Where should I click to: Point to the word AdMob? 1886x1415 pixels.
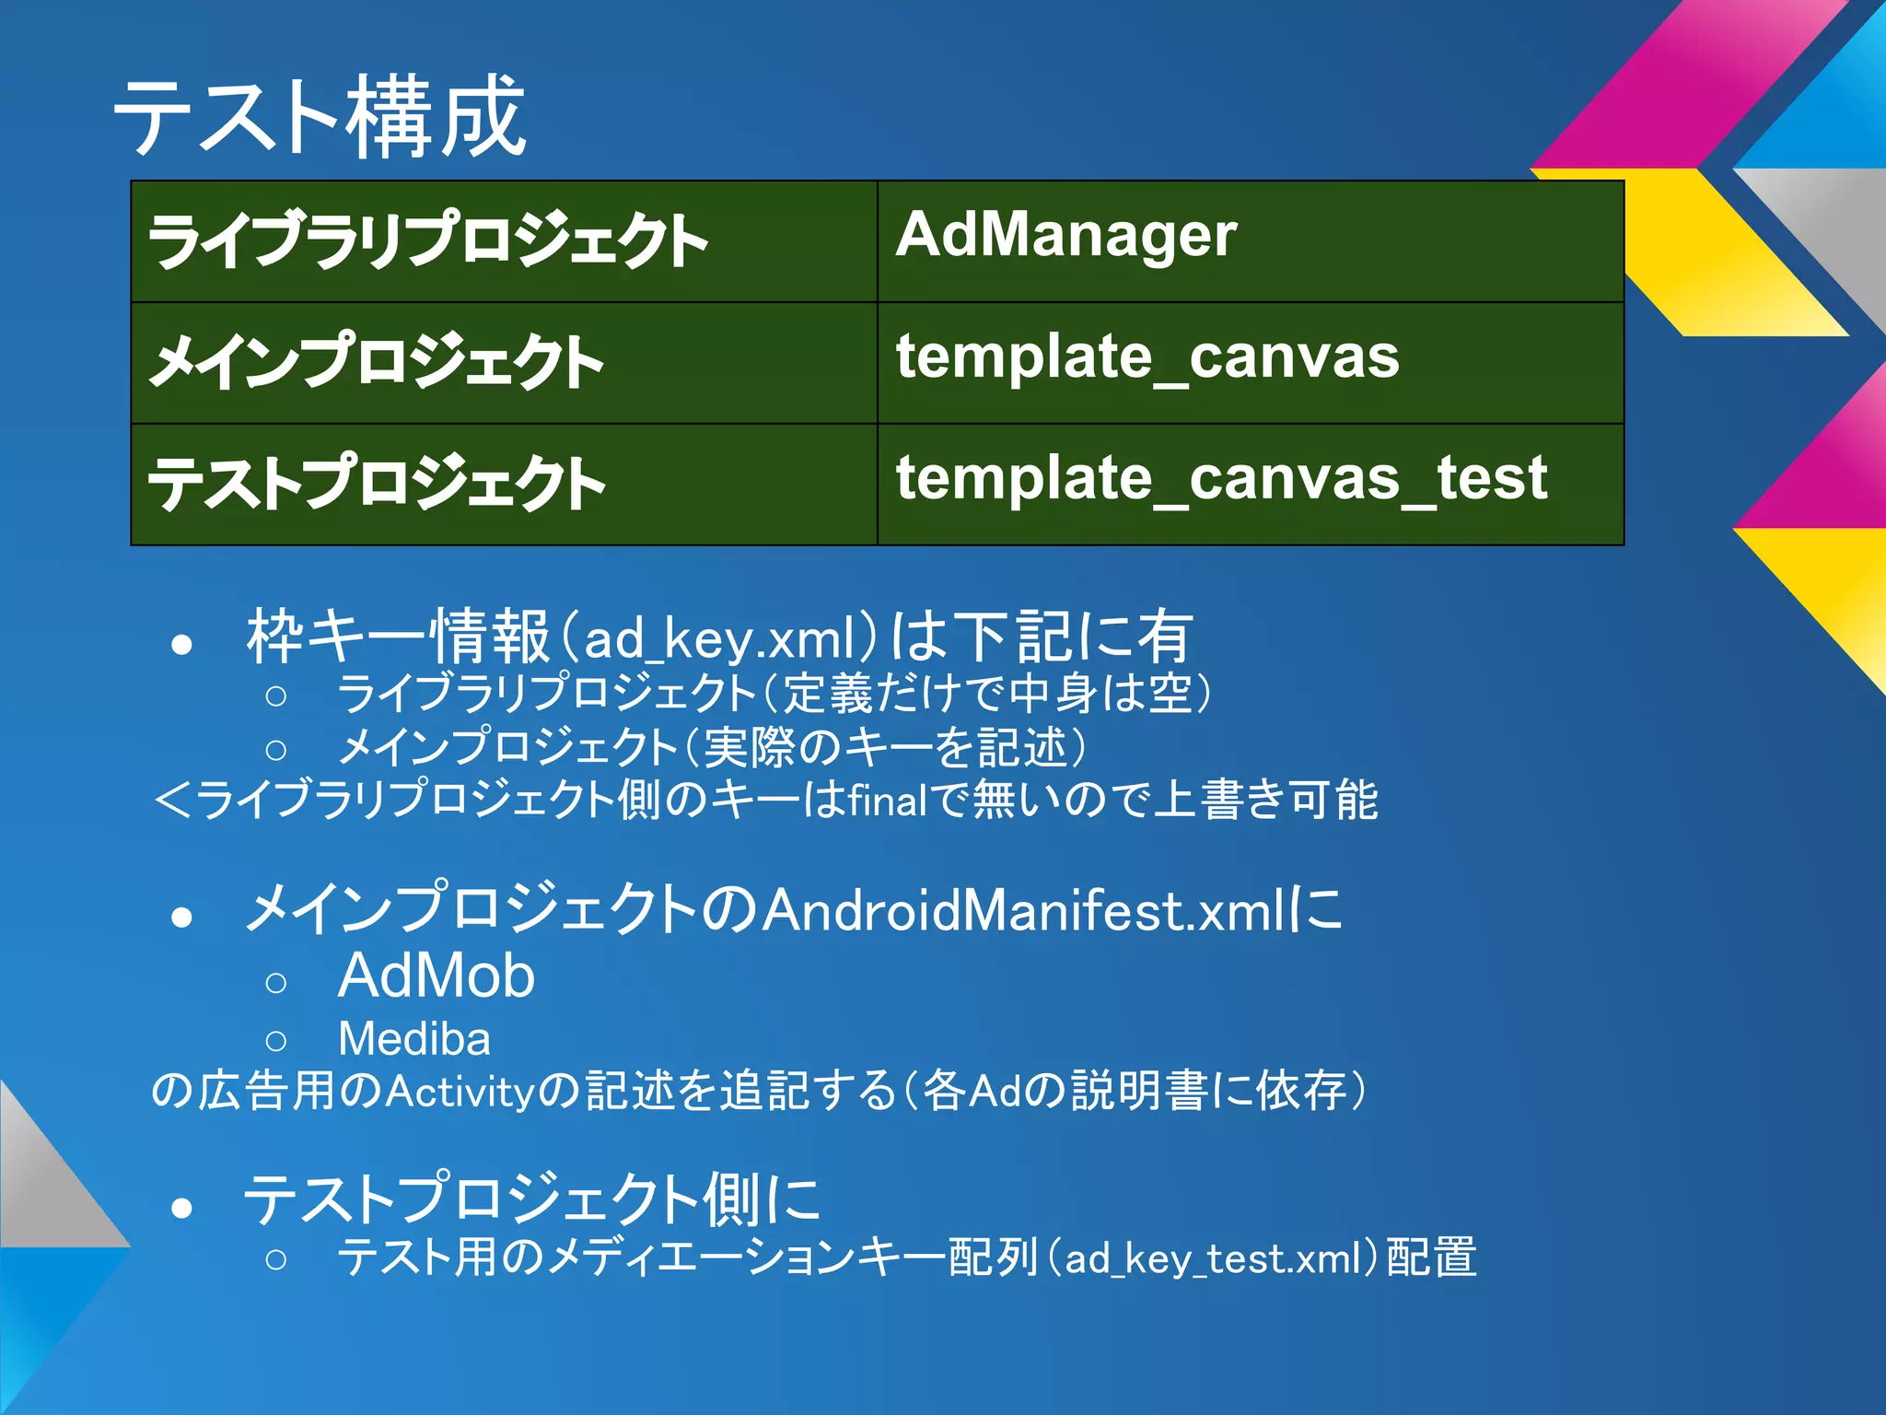436,976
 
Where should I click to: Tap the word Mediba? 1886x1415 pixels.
414,1039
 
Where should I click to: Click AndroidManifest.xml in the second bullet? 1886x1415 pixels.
1021,911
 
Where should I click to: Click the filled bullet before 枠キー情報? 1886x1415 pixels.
181,644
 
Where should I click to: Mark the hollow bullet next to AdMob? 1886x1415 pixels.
275,983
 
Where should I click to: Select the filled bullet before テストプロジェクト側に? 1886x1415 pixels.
181,1207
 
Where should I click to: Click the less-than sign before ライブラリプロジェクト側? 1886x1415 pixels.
172,800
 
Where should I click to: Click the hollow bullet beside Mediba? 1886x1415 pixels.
275,1042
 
